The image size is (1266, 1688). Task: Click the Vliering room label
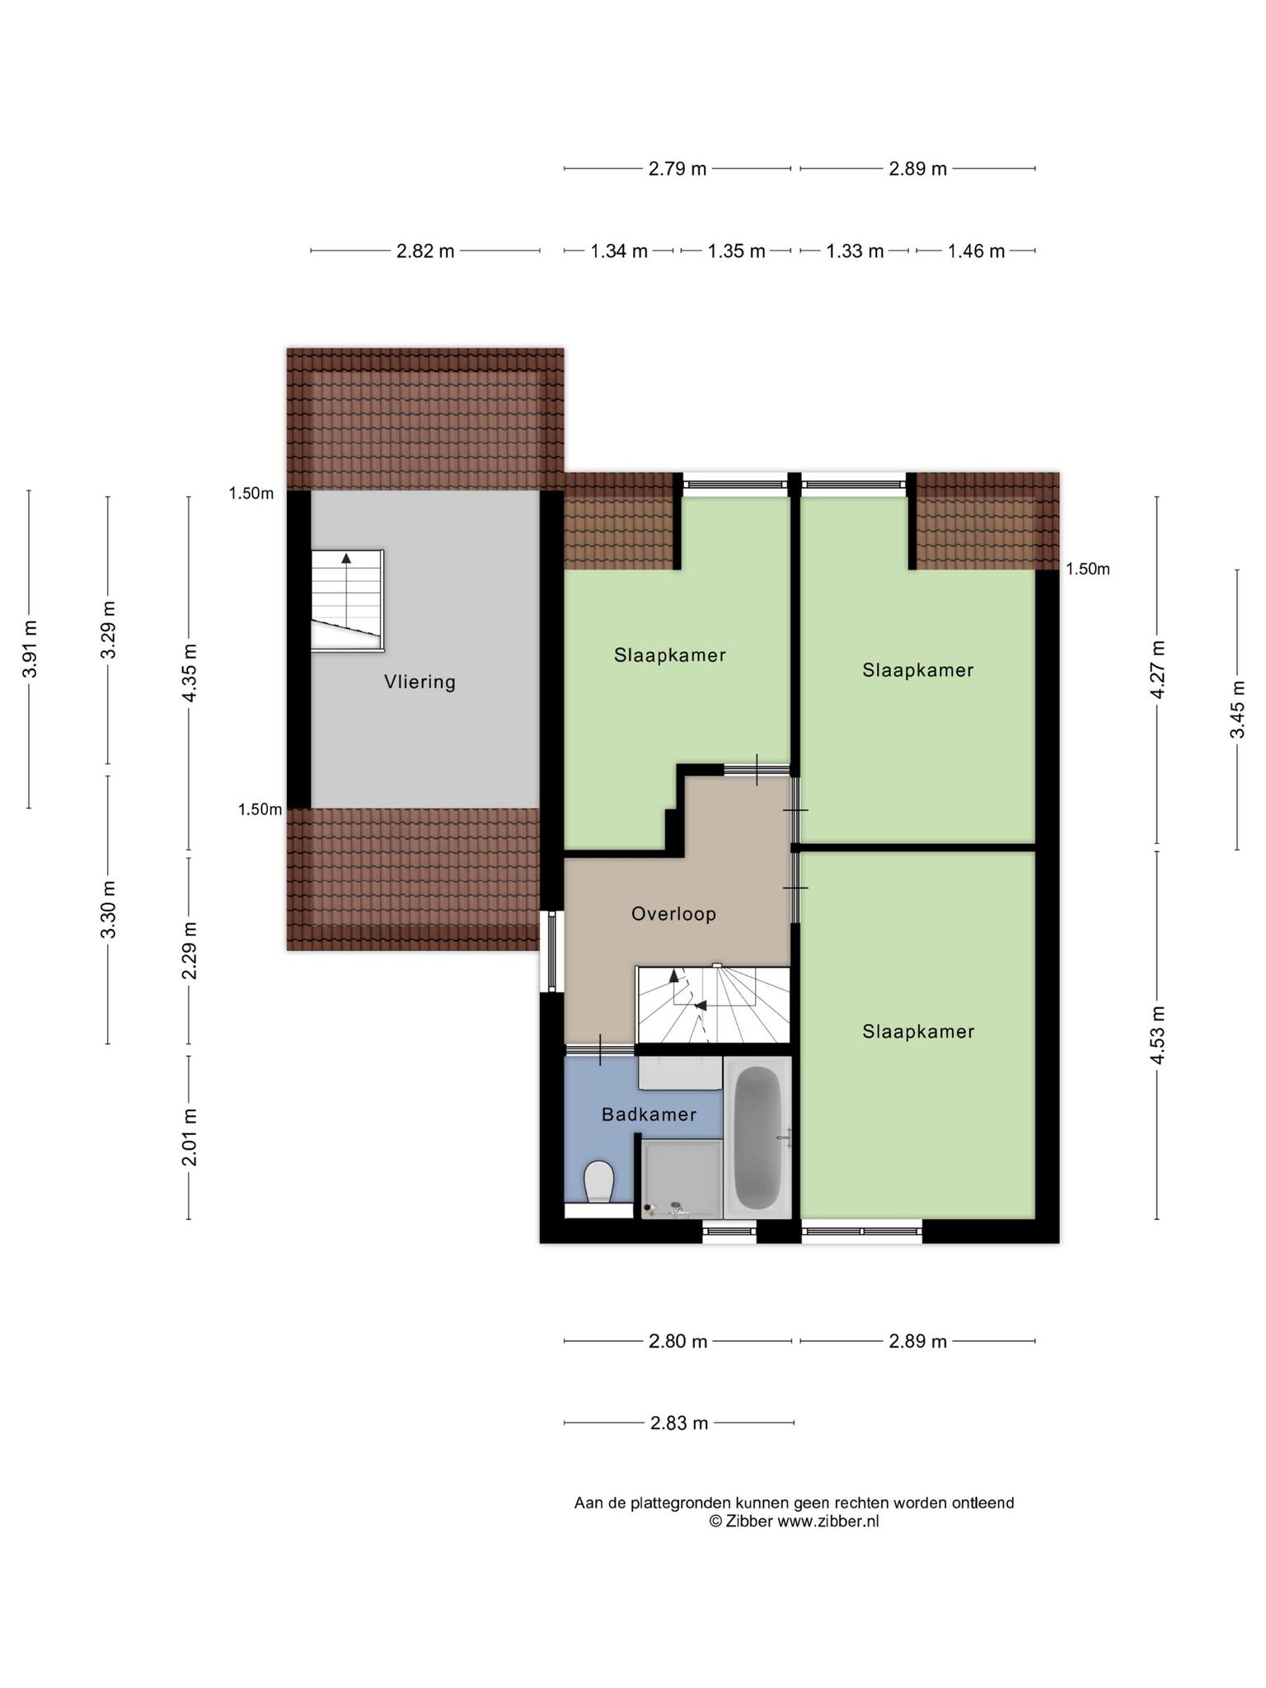[x=420, y=682]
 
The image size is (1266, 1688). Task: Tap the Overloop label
[x=673, y=914]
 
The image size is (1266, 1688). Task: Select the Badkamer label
[x=649, y=1115]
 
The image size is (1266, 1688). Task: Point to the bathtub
[x=757, y=1137]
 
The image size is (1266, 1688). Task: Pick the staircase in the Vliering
[x=347, y=601]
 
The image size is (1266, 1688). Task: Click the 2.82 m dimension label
[x=425, y=251]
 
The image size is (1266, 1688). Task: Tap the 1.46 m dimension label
[x=976, y=251]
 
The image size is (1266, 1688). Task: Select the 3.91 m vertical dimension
[x=30, y=649]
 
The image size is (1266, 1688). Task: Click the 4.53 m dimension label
[x=1157, y=1035]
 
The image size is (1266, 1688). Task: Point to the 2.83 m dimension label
[x=679, y=1423]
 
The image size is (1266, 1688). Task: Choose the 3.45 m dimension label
[x=1237, y=710]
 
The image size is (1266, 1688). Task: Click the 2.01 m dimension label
[x=190, y=1138]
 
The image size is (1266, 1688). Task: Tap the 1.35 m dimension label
[x=736, y=251]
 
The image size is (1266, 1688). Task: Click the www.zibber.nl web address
[x=828, y=1522]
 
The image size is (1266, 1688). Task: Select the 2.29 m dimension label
[x=190, y=951]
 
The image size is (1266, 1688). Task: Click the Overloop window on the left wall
[x=552, y=951]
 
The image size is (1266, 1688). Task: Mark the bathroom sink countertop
[x=681, y=1074]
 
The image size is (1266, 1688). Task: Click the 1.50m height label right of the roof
[x=1088, y=570]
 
